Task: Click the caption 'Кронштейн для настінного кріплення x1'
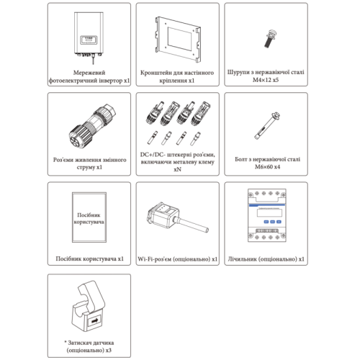tap(179, 78)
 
